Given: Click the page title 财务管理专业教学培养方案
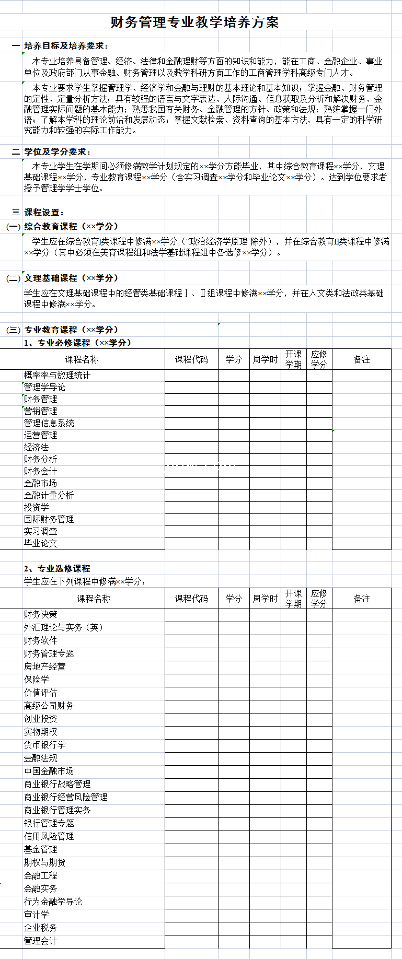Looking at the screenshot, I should pos(194,22).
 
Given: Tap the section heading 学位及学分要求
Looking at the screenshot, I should pos(58,151).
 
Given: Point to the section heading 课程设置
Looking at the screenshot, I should pos(44,213).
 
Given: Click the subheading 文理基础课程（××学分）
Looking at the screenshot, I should pos(71,278).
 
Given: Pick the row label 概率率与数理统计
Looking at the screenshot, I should pos(57,375).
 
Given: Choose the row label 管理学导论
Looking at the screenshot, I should pos(45,387).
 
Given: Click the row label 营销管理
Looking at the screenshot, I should pos(41,411).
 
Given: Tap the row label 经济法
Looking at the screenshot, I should pos(37,447).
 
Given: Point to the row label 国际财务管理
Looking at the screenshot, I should pos(49,519).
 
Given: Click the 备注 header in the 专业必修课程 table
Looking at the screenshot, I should pos(362,359).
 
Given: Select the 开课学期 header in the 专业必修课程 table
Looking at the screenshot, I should pos(293,359).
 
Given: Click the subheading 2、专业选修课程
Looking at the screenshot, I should pos(57,568).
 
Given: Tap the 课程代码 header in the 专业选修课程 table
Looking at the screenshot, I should pos(191,599).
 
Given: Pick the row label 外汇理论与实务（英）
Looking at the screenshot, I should pos(63,627).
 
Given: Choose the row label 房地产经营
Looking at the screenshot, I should pos(45,666).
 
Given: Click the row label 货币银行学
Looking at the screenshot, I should pos(45,745).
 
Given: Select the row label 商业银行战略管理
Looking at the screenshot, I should pos(58,784).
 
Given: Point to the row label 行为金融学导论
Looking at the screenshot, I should pos(53,902).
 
